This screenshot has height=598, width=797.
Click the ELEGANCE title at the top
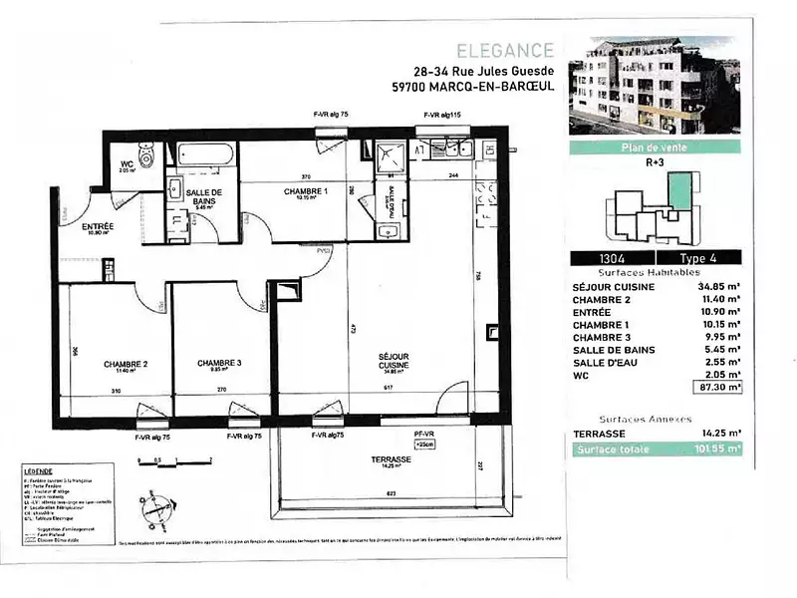tap(505, 50)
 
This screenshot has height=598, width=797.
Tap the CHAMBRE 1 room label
tap(305, 191)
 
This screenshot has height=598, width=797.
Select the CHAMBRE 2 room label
tap(127, 364)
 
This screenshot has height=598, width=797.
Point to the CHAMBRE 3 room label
tap(219, 363)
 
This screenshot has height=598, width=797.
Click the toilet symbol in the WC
tap(146, 156)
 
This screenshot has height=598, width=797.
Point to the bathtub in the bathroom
tap(205, 154)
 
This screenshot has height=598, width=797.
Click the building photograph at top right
tap(655, 87)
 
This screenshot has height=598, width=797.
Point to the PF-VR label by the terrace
tap(424, 435)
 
